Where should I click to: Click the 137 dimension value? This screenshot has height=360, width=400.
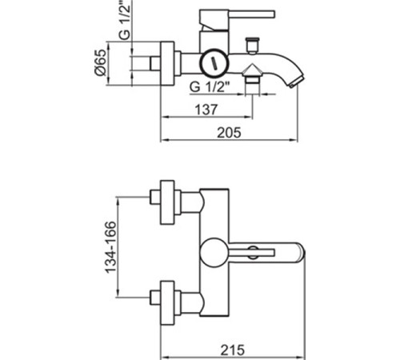pyautogui.click(x=206, y=110)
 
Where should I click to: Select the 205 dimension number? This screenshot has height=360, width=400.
pyautogui.click(x=229, y=133)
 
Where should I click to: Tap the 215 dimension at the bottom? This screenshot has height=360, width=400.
pyautogui.click(x=232, y=350)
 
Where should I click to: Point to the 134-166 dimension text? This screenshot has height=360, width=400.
pyautogui.click(x=111, y=247)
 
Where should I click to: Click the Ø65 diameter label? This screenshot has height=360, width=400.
pyautogui.click(x=101, y=62)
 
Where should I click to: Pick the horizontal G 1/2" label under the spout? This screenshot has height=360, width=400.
pyautogui.click(x=210, y=86)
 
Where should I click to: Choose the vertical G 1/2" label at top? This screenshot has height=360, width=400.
pyautogui.click(x=125, y=20)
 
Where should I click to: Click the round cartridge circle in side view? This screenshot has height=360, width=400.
pyautogui.click(x=214, y=63)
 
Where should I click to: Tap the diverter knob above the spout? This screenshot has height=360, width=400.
pyautogui.click(x=252, y=46)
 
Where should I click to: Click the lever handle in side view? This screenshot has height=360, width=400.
pyautogui.click(x=252, y=14)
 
